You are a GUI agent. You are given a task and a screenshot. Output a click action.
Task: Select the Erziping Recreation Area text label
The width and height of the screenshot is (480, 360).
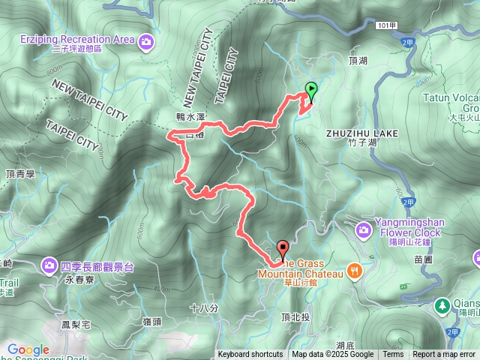pyautogui.click(x=77, y=39)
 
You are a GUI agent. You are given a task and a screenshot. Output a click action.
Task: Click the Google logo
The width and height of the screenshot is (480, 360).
pyautogui.click(x=28, y=350)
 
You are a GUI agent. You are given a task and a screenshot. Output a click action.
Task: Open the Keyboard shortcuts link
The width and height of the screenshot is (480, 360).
pyautogui.click(x=250, y=355)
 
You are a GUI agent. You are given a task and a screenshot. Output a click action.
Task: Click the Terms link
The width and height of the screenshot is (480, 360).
pyautogui.click(x=393, y=355)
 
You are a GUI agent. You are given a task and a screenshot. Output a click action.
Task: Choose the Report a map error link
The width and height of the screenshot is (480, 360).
pyautogui.click(x=444, y=355)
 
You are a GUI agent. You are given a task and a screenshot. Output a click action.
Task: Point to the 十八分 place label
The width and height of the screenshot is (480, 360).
pyautogui.click(x=204, y=308)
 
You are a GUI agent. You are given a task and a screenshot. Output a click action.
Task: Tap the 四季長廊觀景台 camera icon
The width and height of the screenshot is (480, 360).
pyautogui.click(x=49, y=265)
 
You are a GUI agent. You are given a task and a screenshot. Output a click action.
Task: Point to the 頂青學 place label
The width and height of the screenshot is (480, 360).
pyautogui.click(x=20, y=174)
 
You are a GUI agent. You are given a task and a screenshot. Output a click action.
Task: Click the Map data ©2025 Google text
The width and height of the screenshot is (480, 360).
pyautogui.click(x=332, y=355)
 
